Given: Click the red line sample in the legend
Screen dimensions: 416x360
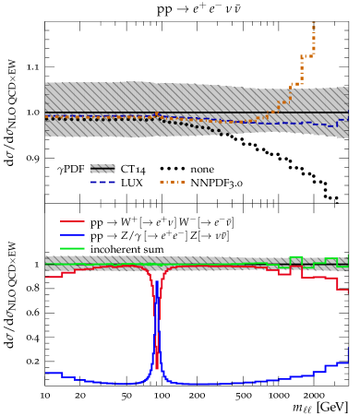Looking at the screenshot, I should coord(72,221).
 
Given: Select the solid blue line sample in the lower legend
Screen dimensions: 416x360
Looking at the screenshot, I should coord(72,234).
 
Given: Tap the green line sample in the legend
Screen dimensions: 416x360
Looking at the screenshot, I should coord(72,248).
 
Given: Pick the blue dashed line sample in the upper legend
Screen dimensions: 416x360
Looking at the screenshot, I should coord(102,182).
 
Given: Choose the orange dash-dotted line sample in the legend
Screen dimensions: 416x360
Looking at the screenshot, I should coord(173,182).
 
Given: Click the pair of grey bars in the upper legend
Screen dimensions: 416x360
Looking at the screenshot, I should coord(102,169).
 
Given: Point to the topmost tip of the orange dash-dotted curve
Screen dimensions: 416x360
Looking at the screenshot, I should coord(314,23).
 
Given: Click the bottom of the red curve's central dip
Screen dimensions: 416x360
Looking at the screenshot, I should coord(157,368).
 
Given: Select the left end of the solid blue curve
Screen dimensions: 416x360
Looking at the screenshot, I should coord(46,373).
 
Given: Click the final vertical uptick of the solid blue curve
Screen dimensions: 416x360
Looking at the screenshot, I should coord(347,354).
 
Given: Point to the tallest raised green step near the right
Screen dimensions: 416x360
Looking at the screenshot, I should coord(296,257).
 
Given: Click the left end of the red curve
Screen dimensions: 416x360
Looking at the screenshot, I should coord(46,277).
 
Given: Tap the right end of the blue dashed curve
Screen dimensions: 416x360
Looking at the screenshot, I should coord(346,119).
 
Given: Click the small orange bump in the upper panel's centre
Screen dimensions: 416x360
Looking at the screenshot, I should coord(157,113).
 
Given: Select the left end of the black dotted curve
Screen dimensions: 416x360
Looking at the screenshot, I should coord(46,119).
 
